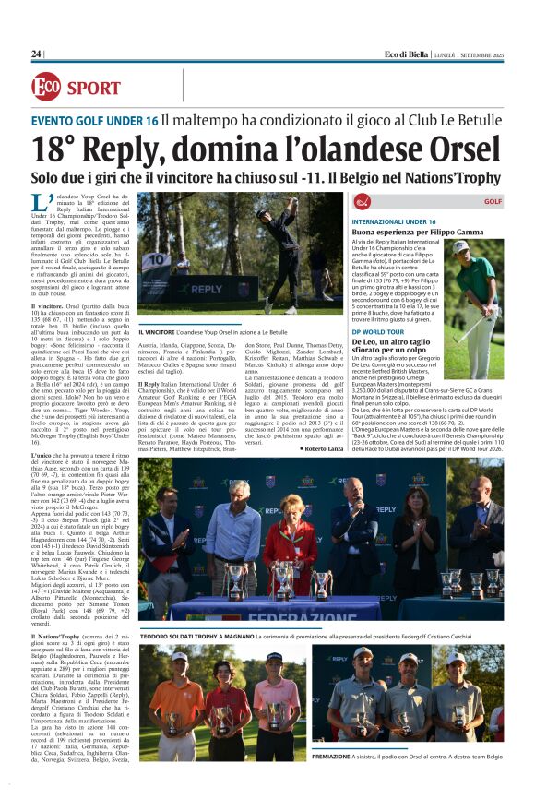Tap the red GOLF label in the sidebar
pyautogui.click(x=493, y=201)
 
